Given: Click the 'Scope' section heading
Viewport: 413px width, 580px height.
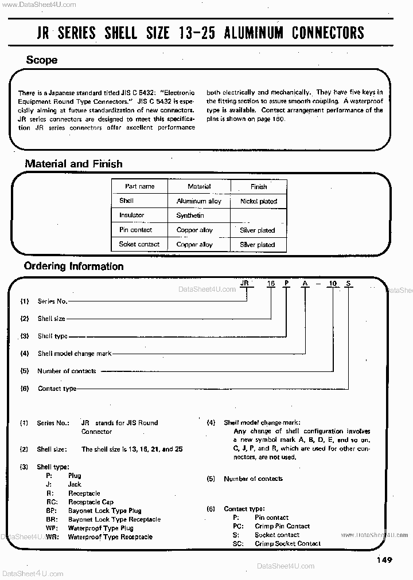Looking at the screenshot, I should [x=41, y=60].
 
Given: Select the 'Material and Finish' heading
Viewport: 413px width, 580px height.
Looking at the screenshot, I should [x=73, y=164].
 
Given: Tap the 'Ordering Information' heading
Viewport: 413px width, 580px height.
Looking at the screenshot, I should [x=73, y=267].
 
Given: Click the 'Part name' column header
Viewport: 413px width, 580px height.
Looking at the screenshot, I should [x=139, y=186].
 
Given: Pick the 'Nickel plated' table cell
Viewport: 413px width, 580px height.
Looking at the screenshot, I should [x=258, y=201].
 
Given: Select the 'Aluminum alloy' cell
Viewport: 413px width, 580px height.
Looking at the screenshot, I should [x=198, y=201].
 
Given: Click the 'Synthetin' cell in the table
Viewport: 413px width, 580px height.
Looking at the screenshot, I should [x=190, y=215].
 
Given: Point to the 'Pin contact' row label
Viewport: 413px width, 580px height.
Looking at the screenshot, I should [x=135, y=230].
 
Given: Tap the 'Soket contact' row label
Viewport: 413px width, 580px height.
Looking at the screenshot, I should [x=139, y=244].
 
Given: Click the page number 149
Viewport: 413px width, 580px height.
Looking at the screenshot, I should [x=384, y=560].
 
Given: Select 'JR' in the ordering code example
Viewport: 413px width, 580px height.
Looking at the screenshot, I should [x=245, y=284].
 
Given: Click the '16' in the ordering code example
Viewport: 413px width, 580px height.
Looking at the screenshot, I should [x=270, y=284].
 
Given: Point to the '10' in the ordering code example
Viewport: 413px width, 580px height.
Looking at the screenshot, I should [x=331, y=284].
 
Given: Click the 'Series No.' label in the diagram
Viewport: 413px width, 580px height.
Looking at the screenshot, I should [x=52, y=301].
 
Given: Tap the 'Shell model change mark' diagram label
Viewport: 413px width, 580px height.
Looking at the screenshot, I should [x=75, y=354].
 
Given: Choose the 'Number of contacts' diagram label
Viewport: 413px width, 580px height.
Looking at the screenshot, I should [x=67, y=371].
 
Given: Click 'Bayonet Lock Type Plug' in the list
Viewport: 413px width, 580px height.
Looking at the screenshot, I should [x=104, y=511].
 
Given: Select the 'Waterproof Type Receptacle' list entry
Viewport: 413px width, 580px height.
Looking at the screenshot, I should [x=110, y=537].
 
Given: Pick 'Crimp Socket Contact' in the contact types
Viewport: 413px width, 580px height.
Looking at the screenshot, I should [x=287, y=543].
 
